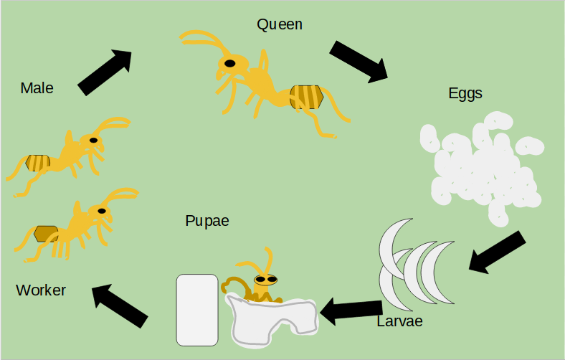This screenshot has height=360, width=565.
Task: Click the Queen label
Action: pos(280,24)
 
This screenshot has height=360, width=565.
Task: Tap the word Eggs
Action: pos(465,93)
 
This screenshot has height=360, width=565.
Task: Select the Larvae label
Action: pos(399,321)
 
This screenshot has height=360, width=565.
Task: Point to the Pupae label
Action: pos(207,221)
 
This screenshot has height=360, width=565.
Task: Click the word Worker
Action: pos(41,290)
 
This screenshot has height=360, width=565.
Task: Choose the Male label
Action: pos(37,88)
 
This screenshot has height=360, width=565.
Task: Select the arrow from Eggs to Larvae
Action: pos(496,251)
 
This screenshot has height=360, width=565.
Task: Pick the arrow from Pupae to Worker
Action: pos(120,305)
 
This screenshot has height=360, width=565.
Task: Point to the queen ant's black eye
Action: pos(229,63)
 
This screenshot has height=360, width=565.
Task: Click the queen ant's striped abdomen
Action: pos(306,97)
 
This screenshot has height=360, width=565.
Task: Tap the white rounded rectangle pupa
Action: pos(197,310)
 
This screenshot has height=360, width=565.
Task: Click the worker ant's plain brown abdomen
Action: pos(46,234)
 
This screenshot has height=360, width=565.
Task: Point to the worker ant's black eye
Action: pos(102,211)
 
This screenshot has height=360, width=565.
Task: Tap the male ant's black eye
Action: pos(93,140)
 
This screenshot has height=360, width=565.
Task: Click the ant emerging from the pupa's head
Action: pos(265,279)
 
